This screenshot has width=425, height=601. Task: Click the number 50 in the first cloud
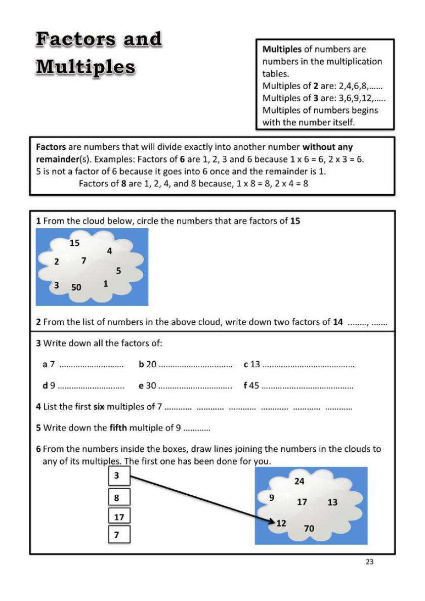click(76, 287)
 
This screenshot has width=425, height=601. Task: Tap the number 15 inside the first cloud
click(74, 243)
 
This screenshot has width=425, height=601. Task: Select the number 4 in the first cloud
click(109, 250)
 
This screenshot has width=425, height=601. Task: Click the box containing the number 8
click(120, 497)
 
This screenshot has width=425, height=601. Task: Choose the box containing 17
click(120, 517)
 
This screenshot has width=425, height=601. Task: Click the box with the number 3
click(120, 476)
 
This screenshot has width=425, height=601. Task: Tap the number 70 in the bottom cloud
click(309, 529)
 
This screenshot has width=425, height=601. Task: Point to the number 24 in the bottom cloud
click(300, 481)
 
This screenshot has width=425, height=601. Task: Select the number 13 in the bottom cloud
click(332, 502)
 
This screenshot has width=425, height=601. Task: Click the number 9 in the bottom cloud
click(272, 498)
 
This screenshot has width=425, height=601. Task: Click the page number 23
click(369, 562)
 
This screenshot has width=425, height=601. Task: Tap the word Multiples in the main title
click(85, 67)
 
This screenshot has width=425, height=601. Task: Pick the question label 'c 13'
click(251, 364)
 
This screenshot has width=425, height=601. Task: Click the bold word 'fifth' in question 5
click(118, 427)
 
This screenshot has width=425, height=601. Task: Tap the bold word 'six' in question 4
click(99, 406)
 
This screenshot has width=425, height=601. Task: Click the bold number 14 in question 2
click(338, 322)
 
